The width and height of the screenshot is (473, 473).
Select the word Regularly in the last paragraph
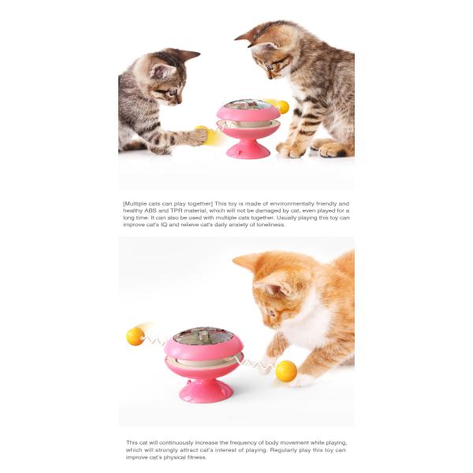pyautogui.click(x=284, y=450)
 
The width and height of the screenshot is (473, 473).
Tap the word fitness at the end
pyautogui.click(x=196, y=457)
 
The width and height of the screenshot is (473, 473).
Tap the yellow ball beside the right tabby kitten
pyautogui.click(x=282, y=106)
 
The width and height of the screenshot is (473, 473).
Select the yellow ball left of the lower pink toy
pyautogui.click(x=136, y=336)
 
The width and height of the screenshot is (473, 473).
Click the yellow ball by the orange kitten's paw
pyautogui.click(x=286, y=371)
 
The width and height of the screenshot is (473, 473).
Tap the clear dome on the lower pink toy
pyautogui.click(x=203, y=336)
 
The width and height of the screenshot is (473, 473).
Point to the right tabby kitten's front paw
pyautogui.click(x=289, y=150)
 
